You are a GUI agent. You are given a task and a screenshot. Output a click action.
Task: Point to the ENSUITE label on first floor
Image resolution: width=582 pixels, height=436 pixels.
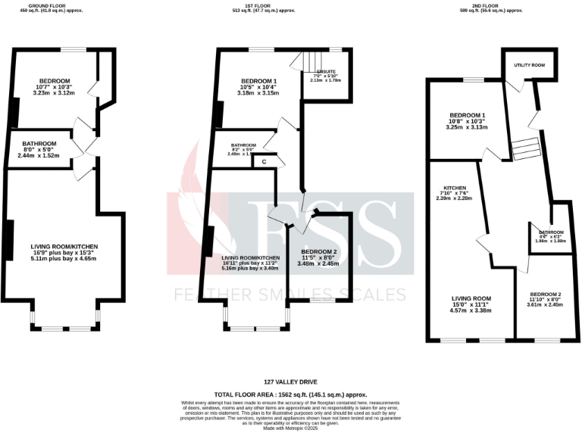click(x=327, y=71)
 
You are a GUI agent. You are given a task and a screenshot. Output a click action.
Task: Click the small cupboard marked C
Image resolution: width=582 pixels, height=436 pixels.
click(x=264, y=160)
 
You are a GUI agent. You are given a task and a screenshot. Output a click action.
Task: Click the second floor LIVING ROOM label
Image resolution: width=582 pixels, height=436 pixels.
click(x=471, y=298)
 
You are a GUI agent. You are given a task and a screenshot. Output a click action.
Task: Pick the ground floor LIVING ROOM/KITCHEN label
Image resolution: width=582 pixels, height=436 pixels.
click(x=64, y=247)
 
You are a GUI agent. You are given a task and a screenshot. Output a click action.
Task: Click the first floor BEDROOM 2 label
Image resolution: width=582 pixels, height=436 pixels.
click(x=319, y=251)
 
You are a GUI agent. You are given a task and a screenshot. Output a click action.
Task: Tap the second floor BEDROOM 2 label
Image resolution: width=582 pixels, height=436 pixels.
click(x=546, y=293)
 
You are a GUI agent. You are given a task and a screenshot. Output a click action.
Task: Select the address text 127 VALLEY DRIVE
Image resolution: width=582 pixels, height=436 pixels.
click(x=291, y=381)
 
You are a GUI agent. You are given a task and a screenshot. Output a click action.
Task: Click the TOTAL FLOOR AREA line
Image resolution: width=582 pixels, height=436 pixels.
click(x=291, y=394)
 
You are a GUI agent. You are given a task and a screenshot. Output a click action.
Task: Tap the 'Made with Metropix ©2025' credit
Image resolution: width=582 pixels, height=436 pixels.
click(x=291, y=428)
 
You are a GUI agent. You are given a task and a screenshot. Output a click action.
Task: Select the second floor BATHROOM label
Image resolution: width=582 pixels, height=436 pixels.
click(x=551, y=232)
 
